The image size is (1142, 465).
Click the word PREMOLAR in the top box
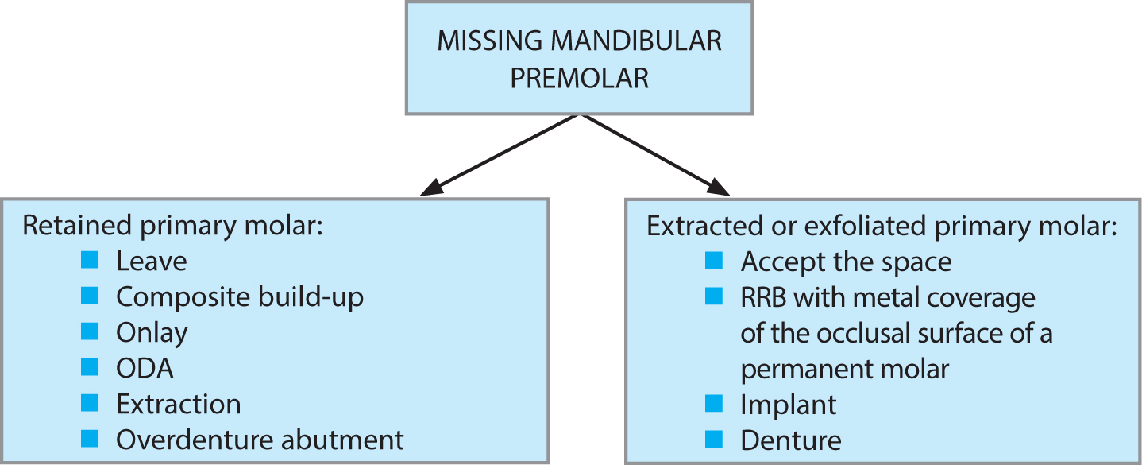point(579,78)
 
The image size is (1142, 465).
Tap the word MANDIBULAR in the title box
point(636,41)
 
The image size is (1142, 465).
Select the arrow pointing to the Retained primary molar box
point(499,156)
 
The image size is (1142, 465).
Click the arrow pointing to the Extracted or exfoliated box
point(657,156)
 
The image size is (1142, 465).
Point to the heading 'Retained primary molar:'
point(173,226)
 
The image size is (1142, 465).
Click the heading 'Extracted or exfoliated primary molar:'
point(882,226)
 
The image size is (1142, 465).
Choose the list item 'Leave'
point(152,262)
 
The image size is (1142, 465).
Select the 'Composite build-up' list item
point(240,297)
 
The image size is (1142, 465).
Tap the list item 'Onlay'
point(152,333)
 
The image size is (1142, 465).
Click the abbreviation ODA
point(145,369)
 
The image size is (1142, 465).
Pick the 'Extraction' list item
point(179,405)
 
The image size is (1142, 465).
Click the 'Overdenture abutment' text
point(260,440)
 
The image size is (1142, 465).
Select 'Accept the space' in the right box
point(847,262)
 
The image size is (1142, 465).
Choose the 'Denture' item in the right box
point(791,440)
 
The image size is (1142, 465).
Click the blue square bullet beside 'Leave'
point(90,260)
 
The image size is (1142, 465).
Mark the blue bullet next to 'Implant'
point(714,403)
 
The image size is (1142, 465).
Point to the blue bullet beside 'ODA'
point(90,367)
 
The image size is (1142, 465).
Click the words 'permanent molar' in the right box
point(845,370)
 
